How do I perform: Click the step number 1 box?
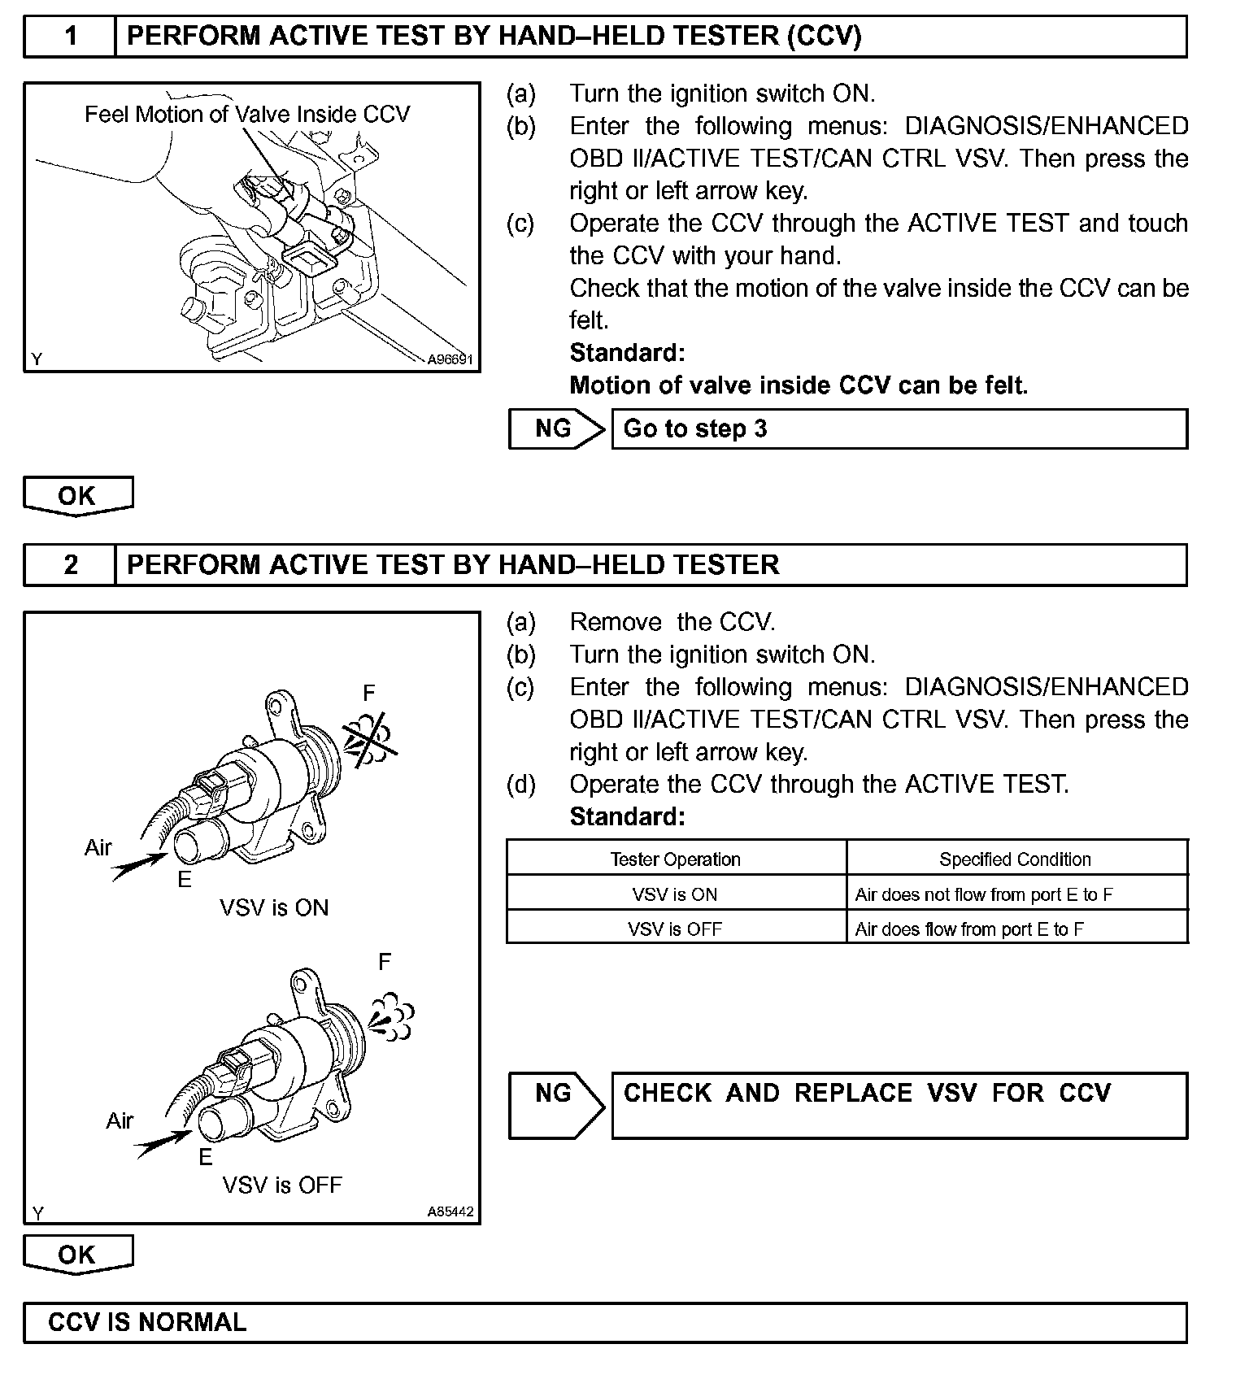click(x=71, y=37)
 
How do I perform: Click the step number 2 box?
click(x=71, y=565)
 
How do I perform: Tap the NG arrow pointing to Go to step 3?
click(x=556, y=428)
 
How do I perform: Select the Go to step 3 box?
click(x=899, y=428)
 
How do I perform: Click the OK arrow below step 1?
click(x=78, y=496)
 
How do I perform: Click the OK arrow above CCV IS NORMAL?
click(x=78, y=1255)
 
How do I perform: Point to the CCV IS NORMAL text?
click(x=147, y=1322)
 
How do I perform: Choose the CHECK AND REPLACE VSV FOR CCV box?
click(x=899, y=1105)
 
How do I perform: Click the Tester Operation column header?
click(x=676, y=859)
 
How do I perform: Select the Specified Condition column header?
click(x=1016, y=859)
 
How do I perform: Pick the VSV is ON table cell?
click(x=676, y=894)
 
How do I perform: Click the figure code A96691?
click(x=450, y=359)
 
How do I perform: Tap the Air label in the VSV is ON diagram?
click(x=98, y=848)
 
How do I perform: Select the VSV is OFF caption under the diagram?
click(x=282, y=1185)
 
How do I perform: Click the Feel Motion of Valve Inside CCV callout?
click(x=247, y=115)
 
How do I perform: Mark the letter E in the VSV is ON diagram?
click(x=185, y=880)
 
